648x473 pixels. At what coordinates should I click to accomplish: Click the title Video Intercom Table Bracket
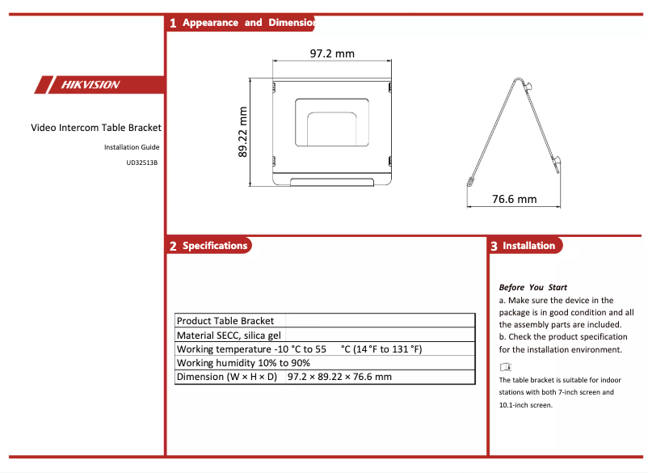(x=96, y=128)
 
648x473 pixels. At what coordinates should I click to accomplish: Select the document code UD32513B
(x=141, y=162)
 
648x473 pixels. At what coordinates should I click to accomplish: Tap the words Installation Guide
(x=132, y=147)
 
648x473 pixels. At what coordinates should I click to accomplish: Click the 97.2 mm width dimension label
(x=332, y=53)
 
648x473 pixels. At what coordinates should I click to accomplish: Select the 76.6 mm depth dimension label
(x=514, y=198)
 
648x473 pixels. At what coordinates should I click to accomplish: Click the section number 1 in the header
(x=173, y=23)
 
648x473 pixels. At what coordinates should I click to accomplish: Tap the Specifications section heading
(x=215, y=246)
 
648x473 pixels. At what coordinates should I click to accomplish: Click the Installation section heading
(x=528, y=246)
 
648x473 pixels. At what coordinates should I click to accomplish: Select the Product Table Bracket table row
(x=225, y=321)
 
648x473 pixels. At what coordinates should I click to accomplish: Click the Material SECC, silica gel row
(x=229, y=335)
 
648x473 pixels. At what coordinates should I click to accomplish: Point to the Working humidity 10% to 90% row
(x=243, y=363)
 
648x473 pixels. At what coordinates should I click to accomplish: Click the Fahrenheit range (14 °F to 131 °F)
(x=381, y=349)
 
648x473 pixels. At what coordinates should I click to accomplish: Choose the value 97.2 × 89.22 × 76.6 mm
(x=339, y=377)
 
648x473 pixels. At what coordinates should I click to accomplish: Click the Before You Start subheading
(x=532, y=287)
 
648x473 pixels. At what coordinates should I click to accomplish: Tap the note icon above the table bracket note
(x=506, y=368)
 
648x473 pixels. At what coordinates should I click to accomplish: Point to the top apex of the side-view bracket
(x=519, y=78)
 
